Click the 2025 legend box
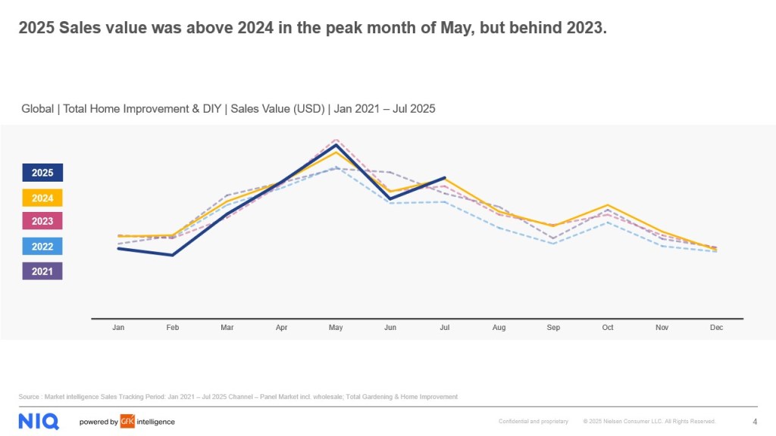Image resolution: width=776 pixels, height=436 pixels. (x=42, y=173)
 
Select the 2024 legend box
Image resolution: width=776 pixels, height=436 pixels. (x=42, y=198)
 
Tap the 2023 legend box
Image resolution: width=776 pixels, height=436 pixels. (x=42, y=222)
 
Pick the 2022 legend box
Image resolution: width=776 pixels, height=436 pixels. (x=42, y=246)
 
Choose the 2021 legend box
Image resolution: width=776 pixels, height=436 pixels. (x=42, y=271)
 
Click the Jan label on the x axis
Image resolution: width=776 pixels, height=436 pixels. (x=118, y=328)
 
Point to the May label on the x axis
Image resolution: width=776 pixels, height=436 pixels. (x=336, y=328)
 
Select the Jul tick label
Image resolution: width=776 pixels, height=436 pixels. (x=445, y=328)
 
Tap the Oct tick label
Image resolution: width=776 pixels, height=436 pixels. (x=608, y=328)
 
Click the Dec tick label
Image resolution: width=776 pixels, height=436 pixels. (x=716, y=328)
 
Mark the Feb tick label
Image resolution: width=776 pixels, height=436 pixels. (x=173, y=328)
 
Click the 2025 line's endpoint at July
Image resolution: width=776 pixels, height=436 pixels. (x=445, y=177)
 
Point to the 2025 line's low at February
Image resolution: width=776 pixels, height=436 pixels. (x=173, y=255)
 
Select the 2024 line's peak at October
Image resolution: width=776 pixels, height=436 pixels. (x=608, y=205)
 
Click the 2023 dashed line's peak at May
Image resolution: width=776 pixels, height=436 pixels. (x=336, y=140)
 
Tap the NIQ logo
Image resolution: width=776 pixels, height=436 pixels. (x=39, y=422)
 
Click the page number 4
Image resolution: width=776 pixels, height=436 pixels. (x=755, y=422)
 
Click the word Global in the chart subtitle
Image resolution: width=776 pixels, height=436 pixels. (x=37, y=109)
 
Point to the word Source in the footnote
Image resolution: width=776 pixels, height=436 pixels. (x=30, y=397)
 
